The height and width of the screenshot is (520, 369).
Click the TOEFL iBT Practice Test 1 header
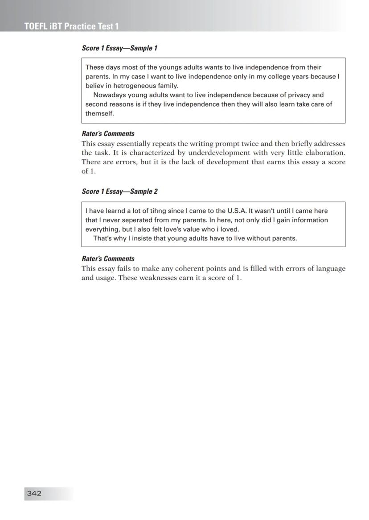click(x=71, y=26)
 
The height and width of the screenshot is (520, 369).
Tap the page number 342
click(x=34, y=493)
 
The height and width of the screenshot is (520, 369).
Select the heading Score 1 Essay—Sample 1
click(x=119, y=48)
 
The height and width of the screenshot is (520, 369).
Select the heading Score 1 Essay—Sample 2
click(x=119, y=191)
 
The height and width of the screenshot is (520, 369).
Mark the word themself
click(x=100, y=113)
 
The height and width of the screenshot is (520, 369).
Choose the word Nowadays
click(x=110, y=95)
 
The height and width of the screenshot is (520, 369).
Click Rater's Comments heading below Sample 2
click(x=108, y=258)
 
